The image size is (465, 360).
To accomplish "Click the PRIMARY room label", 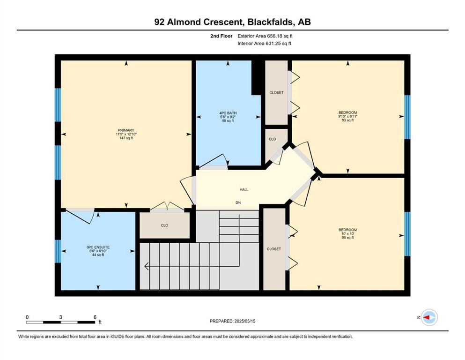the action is tap(126, 130).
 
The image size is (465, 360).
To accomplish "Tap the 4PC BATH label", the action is tap(228, 113).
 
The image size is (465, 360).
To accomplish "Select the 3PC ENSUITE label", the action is tap(98, 247).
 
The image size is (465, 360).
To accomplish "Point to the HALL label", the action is tap(244, 190).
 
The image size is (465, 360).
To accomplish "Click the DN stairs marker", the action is tap(238, 202).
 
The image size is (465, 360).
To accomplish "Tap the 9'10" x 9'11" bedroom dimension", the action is tap(348, 116).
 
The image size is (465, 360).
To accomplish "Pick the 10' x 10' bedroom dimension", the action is tap(348, 233).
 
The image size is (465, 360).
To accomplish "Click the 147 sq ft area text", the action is tap(126, 138).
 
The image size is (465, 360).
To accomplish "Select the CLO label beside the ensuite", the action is tap(164, 225).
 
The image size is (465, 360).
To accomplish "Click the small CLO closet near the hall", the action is tap(272, 139).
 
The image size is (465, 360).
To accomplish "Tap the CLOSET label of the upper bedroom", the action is tap(276, 93).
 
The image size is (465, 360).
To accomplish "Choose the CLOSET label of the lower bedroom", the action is tap(274, 249).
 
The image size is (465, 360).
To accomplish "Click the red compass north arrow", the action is tap(427, 317).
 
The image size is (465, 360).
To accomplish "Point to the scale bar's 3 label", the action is tap(60, 317).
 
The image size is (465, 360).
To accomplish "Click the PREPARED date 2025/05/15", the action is tap(245, 321).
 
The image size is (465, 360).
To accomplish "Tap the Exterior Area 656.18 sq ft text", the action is tap(265, 36).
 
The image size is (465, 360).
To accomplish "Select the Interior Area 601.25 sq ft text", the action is tap(264, 43).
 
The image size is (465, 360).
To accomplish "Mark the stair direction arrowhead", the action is tap(146, 266).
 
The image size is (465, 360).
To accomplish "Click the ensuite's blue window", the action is tap(58, 251).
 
